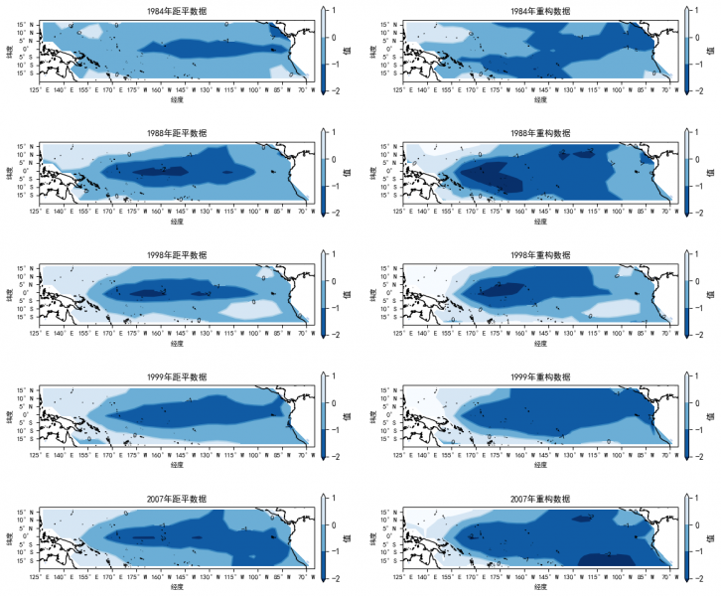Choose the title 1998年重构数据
click(x=539, y=255)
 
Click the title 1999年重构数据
click(x=539, y=378)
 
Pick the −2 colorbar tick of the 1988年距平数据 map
click(x=338, y=212)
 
